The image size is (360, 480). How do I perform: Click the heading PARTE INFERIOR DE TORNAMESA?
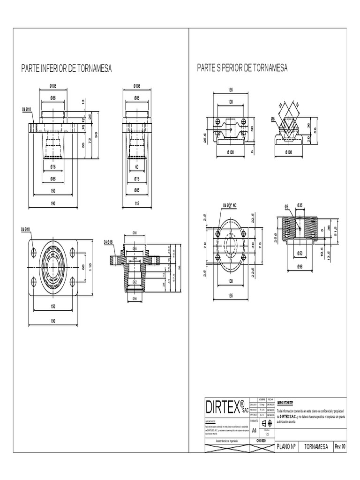coord(66,69)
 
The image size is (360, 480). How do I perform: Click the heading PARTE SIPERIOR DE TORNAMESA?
coord(242,68)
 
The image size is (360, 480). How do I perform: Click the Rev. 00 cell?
coord(340,446)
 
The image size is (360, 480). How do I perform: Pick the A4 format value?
coord(255,430)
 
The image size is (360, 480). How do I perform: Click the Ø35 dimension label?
coord(300,205)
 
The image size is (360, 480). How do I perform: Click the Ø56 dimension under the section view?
coord(135,298)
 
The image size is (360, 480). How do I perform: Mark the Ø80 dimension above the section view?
coord(134,233)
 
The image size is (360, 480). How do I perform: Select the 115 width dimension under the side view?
coord(137,203)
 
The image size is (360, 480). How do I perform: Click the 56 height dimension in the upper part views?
coord(315,130)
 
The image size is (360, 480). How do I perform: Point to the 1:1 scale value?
coord(267,434)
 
